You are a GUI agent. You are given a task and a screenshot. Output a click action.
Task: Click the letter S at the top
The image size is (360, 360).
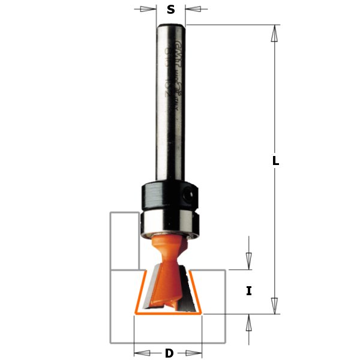click(171, 9)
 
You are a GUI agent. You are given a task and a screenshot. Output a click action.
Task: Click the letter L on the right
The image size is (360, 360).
click(275, 161)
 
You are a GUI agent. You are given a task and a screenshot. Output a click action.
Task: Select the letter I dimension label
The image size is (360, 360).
click(248, 291)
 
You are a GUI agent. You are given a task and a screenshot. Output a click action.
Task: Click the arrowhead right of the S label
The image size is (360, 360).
click(193, 9)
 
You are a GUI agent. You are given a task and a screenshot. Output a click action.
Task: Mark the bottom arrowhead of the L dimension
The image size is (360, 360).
click(275, 305)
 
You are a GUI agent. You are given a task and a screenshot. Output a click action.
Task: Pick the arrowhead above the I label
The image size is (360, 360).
click(248, 260)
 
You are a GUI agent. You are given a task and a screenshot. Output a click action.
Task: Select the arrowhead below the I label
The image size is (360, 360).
click(248, 322)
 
